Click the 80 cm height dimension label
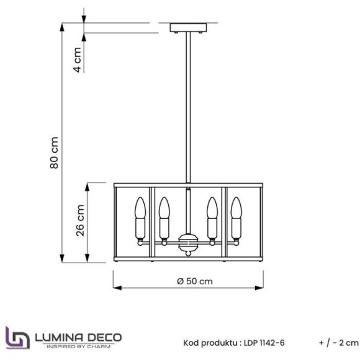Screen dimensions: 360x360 pos(54,153)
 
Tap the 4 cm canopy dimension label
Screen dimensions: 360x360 pos(78,60)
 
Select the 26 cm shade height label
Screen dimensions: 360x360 pos(80,222)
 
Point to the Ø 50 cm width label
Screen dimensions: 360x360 pos(194,281)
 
